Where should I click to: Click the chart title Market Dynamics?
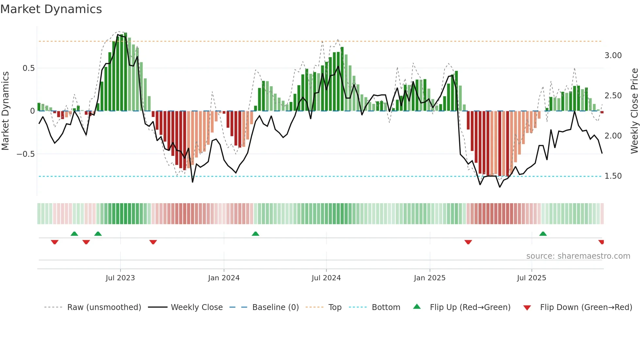click(x=51, y=9)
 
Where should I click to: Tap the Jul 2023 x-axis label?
click(x=120, y=278)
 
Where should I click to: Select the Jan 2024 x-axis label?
click(x=224, y=278)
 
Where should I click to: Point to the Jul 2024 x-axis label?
click(x=326, y=278)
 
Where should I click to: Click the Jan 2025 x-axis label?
click(x=429, y=278)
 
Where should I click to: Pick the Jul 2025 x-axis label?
click(x=531, y=278)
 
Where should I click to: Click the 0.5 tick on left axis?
click(x=28, y=68)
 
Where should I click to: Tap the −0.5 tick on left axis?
click(x=26, y=154)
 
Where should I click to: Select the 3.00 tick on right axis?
click(x=613, y=56)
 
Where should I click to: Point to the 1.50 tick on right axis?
click(x=613, y=176)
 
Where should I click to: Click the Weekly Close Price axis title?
click(x=634, y=111)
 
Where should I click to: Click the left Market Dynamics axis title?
click(x=5, y=111)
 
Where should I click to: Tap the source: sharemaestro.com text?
click(x=578, y=256)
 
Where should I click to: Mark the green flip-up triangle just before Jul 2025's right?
click(x=543, y=234)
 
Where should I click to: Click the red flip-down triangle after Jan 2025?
click(x=468, y=242)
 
